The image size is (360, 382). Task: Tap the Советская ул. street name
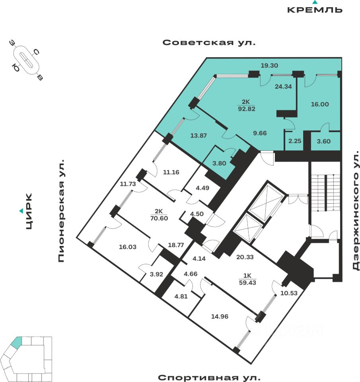coord(209,43)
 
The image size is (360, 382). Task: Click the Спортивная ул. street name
coord(209,377)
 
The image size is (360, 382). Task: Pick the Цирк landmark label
coord(29,211)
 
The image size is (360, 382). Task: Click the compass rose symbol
coord(27,61)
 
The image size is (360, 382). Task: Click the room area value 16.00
coord(319,104)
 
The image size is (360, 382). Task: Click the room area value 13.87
coord(187,135)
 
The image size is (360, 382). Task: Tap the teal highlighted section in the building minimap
coord(16,341)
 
